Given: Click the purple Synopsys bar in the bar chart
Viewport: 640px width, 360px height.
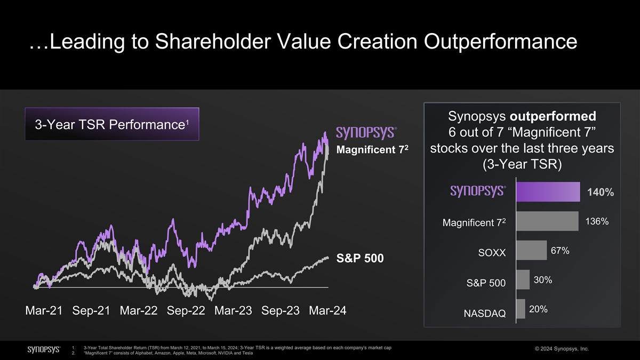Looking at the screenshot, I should [548, 191].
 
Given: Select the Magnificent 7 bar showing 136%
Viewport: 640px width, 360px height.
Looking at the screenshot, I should [547, 221].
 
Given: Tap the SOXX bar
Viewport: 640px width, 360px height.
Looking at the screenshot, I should [531, 250].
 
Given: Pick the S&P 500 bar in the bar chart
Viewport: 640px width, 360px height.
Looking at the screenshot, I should [523, 279].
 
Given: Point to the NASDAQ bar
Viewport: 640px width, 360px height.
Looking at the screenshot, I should [521, 309].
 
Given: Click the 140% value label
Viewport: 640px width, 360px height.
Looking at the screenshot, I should [601, 193].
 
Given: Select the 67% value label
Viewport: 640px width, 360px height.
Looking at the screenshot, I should [560, 251].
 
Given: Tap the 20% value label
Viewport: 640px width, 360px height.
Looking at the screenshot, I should [538, 309].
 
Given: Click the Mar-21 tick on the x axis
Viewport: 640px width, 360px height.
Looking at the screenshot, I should [45, 311].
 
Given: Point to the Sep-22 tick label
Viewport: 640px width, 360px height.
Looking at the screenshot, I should [186, 311].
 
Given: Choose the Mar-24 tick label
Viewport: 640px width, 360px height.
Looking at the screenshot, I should [327, 311].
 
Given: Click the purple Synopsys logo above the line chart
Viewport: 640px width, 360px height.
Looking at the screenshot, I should [365, 132].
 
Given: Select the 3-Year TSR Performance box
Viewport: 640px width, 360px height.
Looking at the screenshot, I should [112, 124].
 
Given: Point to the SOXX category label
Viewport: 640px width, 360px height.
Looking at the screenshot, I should [492, 252].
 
